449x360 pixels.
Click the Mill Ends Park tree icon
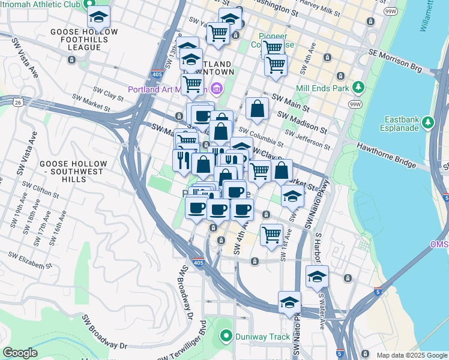358,88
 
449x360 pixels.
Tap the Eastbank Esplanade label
402,123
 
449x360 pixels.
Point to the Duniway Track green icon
226,337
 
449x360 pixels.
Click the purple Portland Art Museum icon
217,89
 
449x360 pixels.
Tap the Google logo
20,352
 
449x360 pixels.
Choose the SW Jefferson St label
311,141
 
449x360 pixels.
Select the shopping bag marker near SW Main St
257,109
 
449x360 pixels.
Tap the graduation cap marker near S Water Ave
317,277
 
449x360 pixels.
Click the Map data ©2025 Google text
411,355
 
